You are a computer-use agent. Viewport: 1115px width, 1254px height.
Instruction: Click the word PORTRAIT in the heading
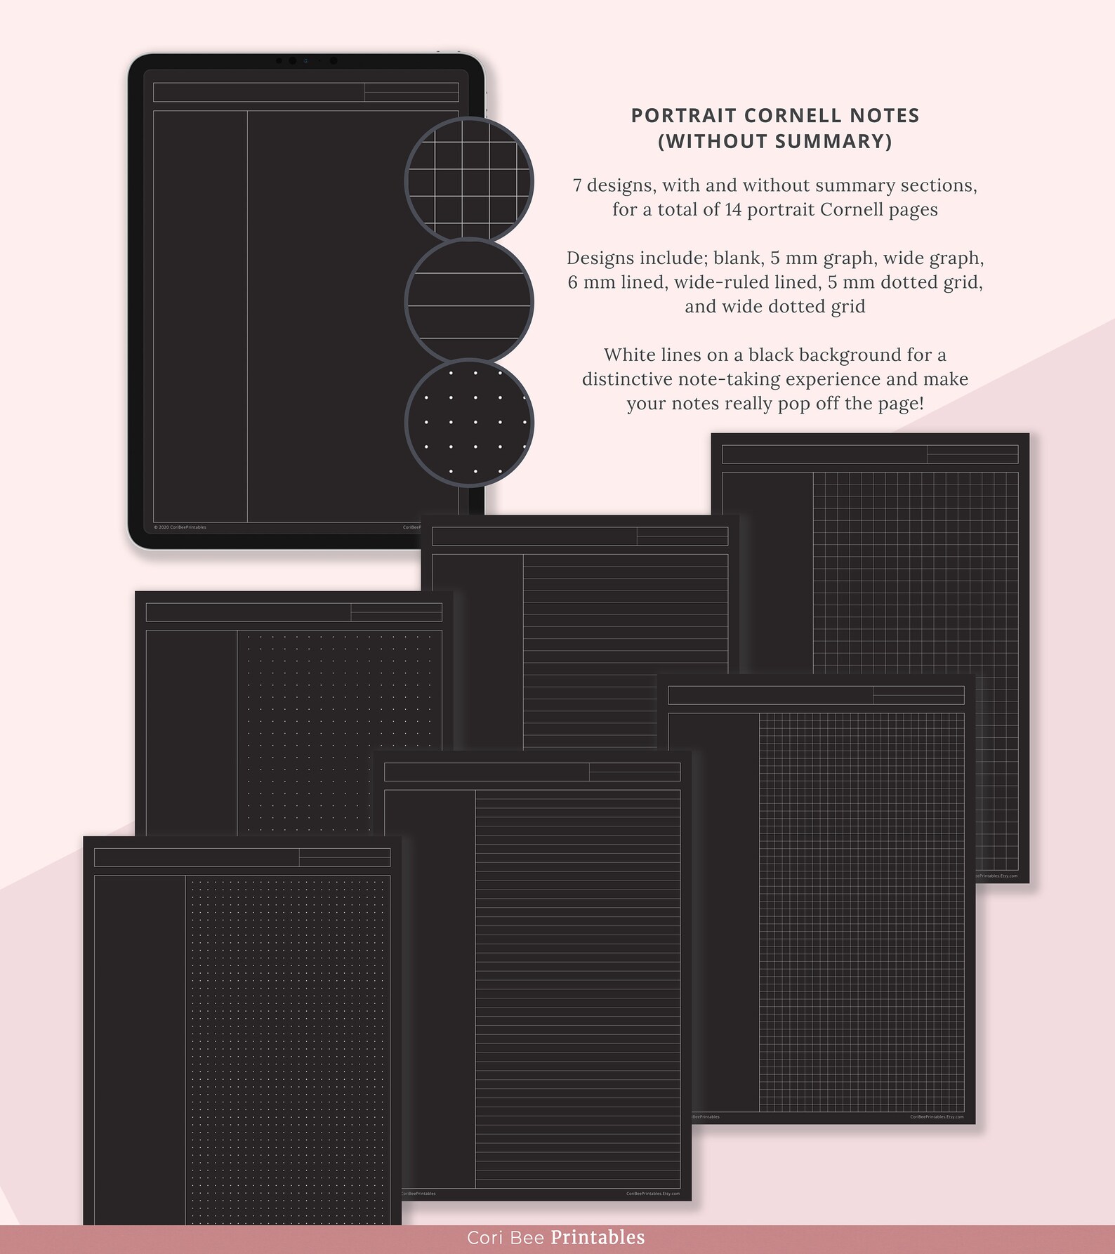(682, 116)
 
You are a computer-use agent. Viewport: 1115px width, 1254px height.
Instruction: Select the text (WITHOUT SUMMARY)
(774, 141)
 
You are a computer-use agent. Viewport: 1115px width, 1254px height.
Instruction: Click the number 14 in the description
(733, 210)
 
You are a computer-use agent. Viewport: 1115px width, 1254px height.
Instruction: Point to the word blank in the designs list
(737, 258)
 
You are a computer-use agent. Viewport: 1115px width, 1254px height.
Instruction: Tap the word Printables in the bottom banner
(598, 1238)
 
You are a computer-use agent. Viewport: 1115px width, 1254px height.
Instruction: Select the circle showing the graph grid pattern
(469, 180)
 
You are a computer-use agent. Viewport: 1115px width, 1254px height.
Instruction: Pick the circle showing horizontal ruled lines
(469, 302)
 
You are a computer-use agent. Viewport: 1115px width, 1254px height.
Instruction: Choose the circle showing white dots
(469, 423)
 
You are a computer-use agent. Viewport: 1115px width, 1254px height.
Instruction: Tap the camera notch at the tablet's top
(306, 61)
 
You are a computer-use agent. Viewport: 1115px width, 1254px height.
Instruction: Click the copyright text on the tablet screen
(180, 527)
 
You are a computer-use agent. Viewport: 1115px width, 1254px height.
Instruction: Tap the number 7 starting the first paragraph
(576, 185)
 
